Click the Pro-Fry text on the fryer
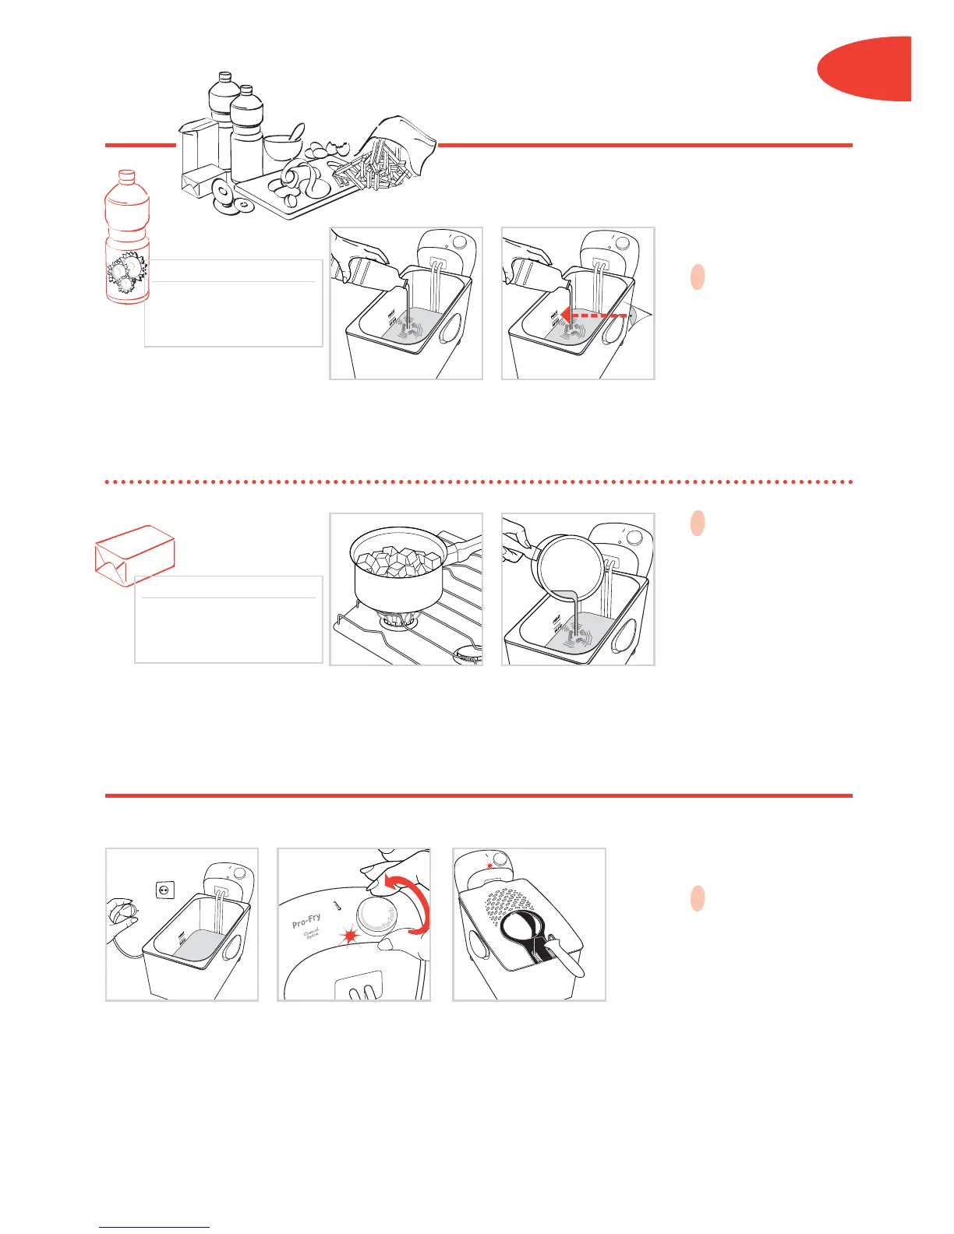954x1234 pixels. (x=306, y=921)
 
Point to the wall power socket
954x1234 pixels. (x=165, y=890)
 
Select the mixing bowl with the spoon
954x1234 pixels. (x=282, y=146)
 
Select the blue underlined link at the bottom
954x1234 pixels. (x=154, y=1228)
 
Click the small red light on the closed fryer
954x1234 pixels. (x=489, y=866)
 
